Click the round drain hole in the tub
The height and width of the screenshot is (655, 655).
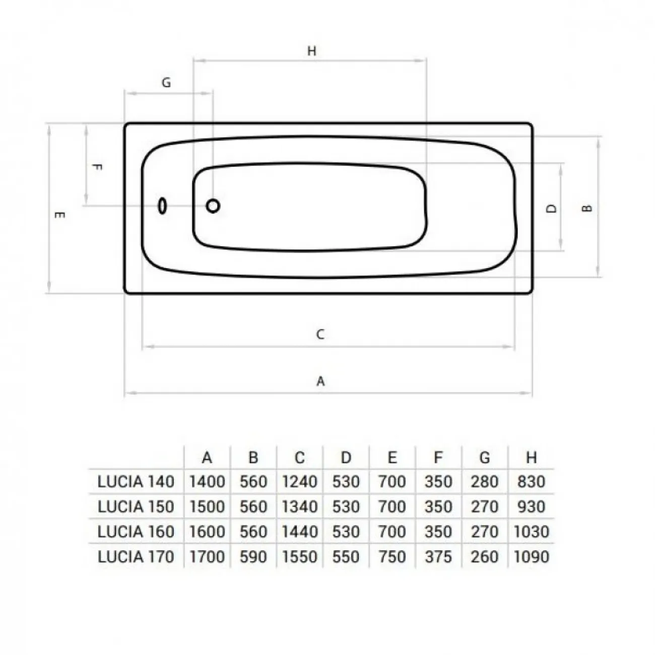[x=213, y=206]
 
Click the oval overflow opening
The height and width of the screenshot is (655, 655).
[x=162, y=206]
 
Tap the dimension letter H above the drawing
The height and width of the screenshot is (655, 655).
[x=312, y=51]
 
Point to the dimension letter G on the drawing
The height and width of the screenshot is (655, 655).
[x=166, y=82]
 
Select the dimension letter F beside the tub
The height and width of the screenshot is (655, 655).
[x=97, y=168]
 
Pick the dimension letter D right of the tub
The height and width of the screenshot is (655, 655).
[x=551, y=209]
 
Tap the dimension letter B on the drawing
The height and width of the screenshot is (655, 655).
[x=587, y=209]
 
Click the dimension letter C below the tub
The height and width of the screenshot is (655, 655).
[x=320, y=335]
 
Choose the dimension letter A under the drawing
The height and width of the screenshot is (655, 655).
[x=320, y=381]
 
